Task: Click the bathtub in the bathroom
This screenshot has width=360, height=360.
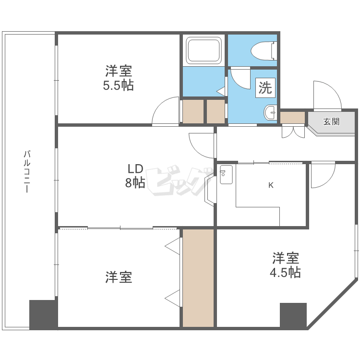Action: tap(204, 50)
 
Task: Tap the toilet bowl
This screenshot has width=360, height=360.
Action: tap(264, 51)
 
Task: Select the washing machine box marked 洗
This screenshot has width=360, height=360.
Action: tap(265, 88)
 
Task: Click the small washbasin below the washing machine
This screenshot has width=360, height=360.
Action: tap(270, 112)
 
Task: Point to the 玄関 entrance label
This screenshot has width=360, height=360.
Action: tap(331, 121)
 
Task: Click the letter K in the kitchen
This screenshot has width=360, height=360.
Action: tap(271, 185)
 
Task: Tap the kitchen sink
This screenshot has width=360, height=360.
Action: tap(226, 175)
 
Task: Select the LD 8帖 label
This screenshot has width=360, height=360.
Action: tap(135, 176)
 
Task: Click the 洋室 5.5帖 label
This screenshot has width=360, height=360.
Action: tap(119, 78)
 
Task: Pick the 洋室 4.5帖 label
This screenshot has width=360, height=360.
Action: tap(285, 265)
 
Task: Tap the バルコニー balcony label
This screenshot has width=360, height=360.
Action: tap(27, 171)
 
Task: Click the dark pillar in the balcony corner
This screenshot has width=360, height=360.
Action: tap(43, 314)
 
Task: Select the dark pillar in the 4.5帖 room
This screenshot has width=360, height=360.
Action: tap(293, 315)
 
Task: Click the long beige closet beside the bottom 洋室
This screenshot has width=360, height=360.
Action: tap(198, 278)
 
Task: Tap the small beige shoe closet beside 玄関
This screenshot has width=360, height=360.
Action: tap(292, 118)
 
